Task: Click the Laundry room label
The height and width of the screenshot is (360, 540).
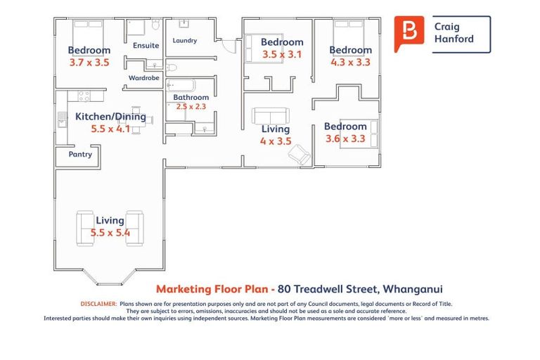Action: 184,41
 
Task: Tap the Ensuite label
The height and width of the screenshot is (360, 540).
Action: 146,46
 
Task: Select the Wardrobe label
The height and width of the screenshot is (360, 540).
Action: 143,78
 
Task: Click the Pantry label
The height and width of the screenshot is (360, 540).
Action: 80,155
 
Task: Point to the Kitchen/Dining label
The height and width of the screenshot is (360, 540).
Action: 110,117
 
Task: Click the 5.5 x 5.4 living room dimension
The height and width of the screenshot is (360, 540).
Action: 110,233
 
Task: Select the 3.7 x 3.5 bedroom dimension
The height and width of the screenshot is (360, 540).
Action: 89,62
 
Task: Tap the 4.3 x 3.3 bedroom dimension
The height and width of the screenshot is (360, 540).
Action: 351,62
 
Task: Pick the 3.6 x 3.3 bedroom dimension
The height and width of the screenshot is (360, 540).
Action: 345,139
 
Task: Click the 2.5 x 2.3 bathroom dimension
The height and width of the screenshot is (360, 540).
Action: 191,107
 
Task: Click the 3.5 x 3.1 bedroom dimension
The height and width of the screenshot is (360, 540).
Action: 282,54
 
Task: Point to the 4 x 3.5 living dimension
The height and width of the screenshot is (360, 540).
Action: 276,141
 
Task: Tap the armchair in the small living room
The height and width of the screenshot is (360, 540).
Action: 300,155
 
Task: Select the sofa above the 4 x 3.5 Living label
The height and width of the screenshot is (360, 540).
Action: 269,116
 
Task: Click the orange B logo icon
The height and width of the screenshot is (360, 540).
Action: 409,33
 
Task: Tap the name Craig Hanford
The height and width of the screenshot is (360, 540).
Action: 454,33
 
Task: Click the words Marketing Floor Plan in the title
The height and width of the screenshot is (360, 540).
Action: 214,289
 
